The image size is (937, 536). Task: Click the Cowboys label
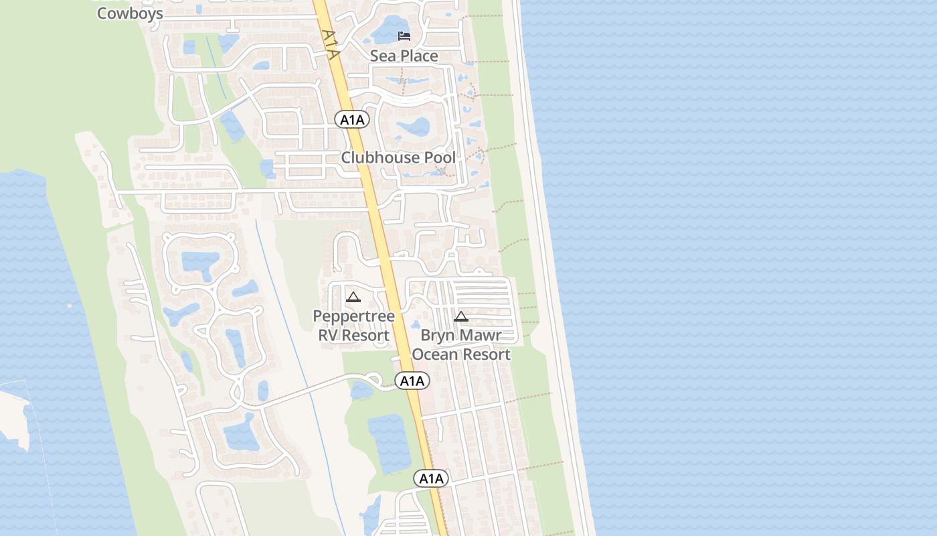coord(130,13)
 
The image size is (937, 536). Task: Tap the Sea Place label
coord(404,56)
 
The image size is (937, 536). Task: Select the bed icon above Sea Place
coord(404,36)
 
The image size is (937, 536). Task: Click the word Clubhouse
coord(376,157)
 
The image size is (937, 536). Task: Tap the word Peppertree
coord(354,316)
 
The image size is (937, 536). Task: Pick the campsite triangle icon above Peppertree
coord(353,297)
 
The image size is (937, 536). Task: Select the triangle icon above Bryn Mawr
coord(460,316)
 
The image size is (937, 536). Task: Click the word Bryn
coord(438,335)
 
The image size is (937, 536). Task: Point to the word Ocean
coord(436,354)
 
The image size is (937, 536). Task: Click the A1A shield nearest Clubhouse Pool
coord(352,120)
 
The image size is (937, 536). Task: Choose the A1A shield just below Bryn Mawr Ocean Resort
coord(412,381)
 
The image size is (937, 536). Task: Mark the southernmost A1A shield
coord(431,478)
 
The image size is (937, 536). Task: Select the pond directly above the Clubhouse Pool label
coord(414,127)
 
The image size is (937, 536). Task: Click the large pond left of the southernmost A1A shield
coord(388,442)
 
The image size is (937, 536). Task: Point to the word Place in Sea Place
coord(420,56)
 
